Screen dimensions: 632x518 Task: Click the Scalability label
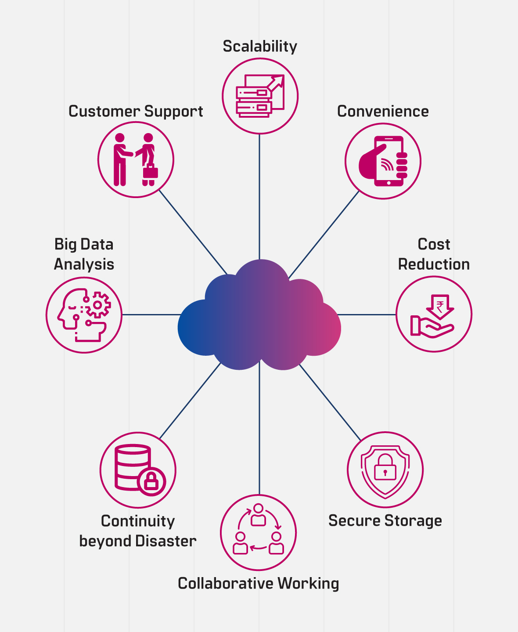click(x=260, y=47)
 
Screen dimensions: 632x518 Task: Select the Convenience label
click(x=383, y=112)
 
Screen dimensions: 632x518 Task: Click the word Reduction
click(x=434, y=264)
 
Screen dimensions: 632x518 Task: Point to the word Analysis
click(x=84, y=264)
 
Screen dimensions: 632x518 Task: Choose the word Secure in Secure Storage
click(x=354, y=521)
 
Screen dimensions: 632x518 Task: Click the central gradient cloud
click(x=259, y=316)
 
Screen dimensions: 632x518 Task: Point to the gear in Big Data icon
click(x=98, y=305)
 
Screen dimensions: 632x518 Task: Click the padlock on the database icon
click(x=151, y=481)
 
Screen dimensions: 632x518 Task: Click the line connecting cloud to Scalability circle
click(x=259, y=198)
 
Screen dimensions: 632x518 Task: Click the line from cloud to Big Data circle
click(x=151, y=314)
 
